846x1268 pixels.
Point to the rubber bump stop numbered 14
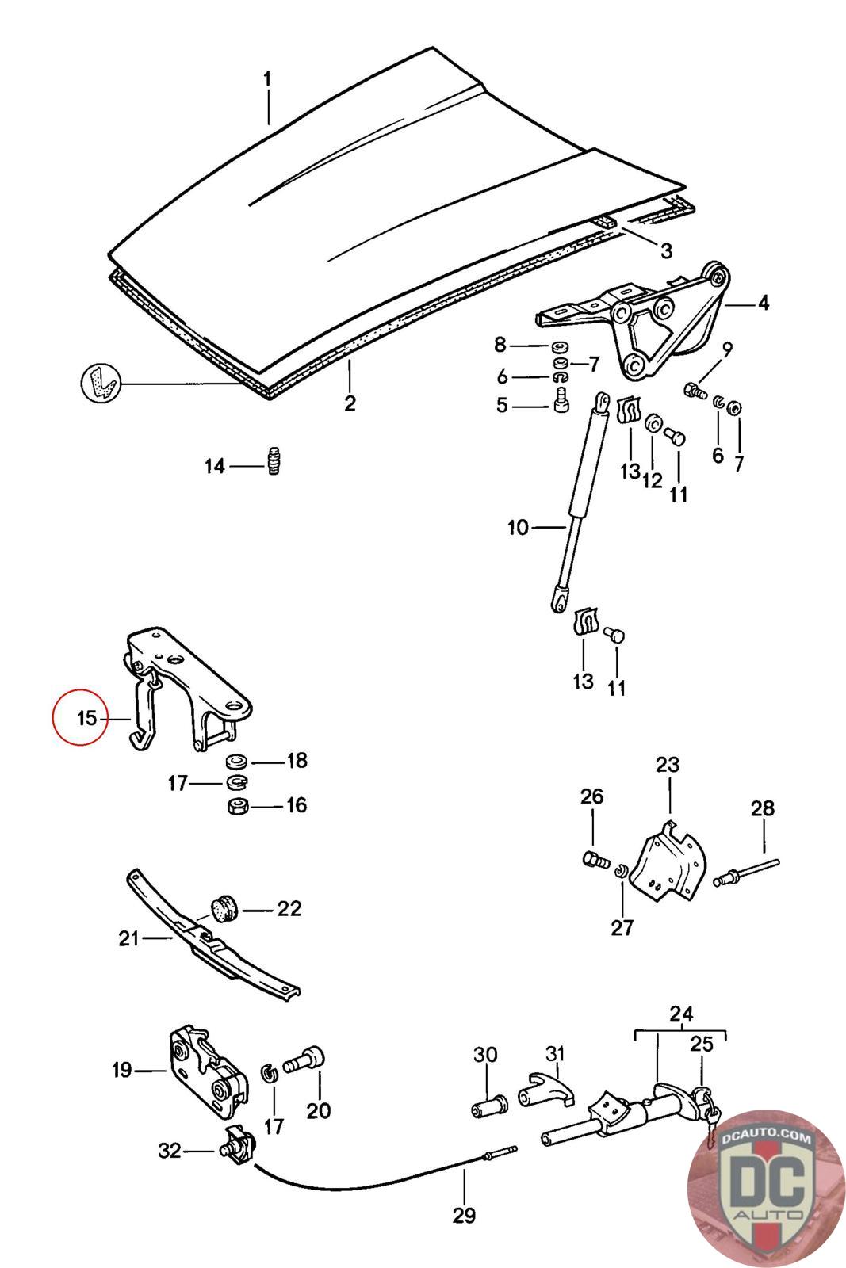[274, 460]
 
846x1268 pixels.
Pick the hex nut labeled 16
[237, 805]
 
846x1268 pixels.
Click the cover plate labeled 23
[669, 869]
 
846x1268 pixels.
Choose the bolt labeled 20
[304, 1059]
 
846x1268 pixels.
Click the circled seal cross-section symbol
[101, 384]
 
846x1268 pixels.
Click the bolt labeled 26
[595, 859]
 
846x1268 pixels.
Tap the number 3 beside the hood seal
[666, 250]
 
